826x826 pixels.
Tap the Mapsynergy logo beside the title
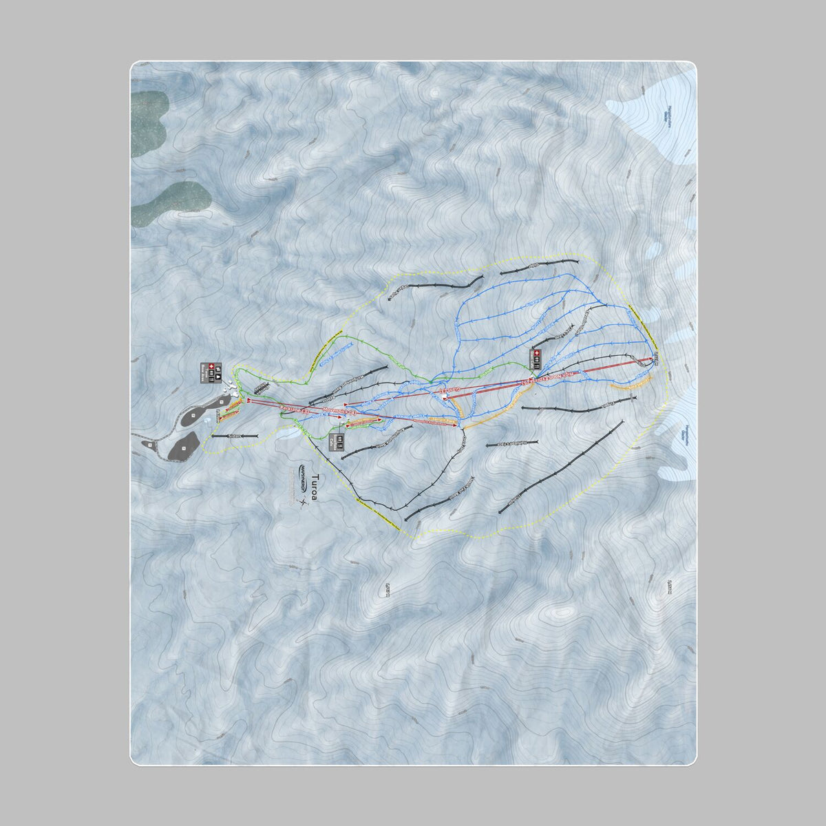[x=303, y=476]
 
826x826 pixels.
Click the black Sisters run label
[x=234, y=436]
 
